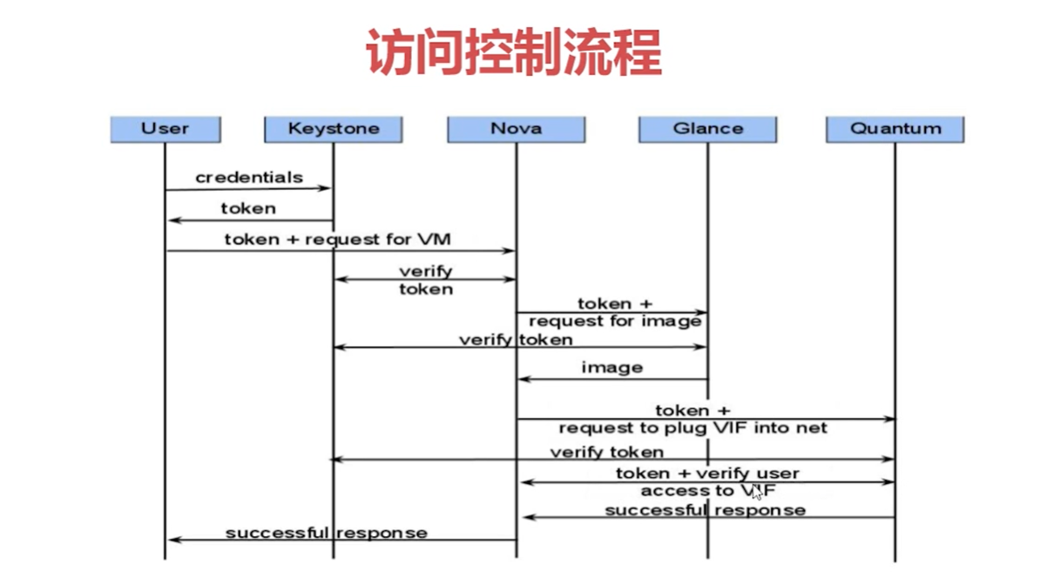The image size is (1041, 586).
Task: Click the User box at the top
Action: pos(165,129)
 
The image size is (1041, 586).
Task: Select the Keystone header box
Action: pos(333,129)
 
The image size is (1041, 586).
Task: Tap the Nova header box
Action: pos(516,129)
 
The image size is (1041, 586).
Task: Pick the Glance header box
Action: pos(707,129)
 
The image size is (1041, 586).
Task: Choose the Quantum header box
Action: pos(895,129)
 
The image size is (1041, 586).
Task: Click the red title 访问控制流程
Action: pos(514,52)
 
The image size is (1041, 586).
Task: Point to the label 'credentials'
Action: pos(249,177)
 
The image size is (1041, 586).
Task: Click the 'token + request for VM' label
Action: pos(337,239)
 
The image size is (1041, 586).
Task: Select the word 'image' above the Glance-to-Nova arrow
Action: pos(612,368)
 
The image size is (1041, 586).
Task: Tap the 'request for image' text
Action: pos(615,321)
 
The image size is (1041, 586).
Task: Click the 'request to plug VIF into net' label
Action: pos(693,428)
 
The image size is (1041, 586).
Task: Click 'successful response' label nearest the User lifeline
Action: pos(326,532)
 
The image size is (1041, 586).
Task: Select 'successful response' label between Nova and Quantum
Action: pos(705,510)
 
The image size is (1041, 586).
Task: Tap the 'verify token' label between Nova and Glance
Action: pos(516,339)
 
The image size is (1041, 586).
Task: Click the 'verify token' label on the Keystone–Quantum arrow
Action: pos(606,452)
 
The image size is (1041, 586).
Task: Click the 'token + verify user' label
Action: pos(707,474)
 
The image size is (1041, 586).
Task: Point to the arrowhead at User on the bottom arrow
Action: pos(172,540)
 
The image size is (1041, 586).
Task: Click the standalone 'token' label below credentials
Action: pos(248,208)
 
